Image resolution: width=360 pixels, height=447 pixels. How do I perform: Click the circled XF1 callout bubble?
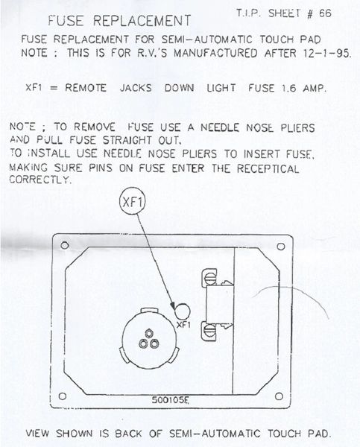[132, 202]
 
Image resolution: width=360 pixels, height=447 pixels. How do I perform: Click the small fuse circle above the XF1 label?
[183, 311]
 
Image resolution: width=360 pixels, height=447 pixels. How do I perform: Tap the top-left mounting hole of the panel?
[65, 245]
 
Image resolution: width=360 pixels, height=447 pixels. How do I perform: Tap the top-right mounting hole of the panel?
[281, 246]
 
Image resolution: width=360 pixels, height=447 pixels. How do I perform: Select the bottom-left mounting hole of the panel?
[63, 396]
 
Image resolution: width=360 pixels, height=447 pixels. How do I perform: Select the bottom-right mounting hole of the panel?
[279, 396]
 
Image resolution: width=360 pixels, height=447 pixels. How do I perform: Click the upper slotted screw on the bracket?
[210, 278]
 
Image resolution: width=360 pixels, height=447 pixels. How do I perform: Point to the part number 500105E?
[170, 399]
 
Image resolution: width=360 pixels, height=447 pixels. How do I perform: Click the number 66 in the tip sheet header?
[325, 13]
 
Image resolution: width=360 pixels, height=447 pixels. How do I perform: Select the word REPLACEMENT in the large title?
[142, 21]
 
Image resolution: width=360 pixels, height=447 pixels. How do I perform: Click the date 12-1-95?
[327, 54]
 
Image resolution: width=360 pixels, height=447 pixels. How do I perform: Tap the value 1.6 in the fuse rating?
[288, 88]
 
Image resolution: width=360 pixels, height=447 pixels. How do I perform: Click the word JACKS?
[136, 88]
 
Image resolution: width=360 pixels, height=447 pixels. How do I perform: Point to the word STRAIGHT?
[127, 140]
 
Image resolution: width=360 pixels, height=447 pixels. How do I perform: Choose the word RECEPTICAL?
[268, 168]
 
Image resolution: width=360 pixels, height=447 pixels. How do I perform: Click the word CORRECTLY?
[40, 180]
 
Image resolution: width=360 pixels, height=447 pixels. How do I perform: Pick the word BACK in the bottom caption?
[128, 434]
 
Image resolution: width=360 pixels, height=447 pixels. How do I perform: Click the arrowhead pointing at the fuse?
[173, 306]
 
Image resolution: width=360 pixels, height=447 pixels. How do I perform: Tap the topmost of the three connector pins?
[148, 333]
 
